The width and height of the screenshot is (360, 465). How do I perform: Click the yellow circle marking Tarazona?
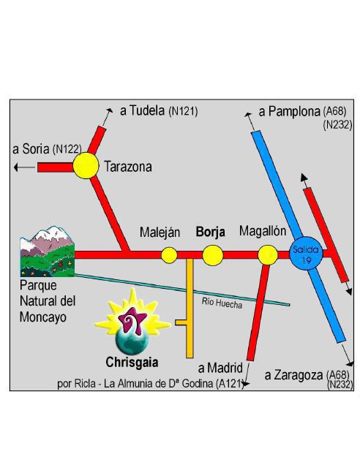click(86, 165)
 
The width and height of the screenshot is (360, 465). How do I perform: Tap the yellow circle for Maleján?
click(169, 255)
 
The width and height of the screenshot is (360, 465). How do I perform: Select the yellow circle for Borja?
click(213, 255)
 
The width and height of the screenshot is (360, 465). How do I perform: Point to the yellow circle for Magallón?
click(268, 255)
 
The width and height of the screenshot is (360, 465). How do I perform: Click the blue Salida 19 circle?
click(306, 253)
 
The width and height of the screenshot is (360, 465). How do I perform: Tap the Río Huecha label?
click(222, 303)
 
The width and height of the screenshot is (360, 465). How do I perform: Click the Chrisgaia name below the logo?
click(132, 362)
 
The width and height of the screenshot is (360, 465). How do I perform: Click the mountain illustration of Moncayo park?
click(47, 252)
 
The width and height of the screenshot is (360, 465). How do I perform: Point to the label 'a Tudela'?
click(142, 110)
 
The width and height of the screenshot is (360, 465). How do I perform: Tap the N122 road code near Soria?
click(67, 149)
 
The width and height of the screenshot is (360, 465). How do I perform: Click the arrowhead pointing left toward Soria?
click(16, 167)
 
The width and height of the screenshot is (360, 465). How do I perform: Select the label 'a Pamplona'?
click(289, 112)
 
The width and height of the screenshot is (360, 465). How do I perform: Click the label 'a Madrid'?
click(220, 368)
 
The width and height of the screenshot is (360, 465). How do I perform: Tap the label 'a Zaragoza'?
click(293, 375)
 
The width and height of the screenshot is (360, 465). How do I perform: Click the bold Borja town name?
click(210, 232)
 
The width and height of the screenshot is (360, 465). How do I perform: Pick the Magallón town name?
click(263, 231)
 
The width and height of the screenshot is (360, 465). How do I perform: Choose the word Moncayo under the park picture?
click(43, 317)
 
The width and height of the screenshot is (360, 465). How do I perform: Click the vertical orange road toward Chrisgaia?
click(190, 309)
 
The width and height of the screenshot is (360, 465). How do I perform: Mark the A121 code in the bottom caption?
click(229, 384)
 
